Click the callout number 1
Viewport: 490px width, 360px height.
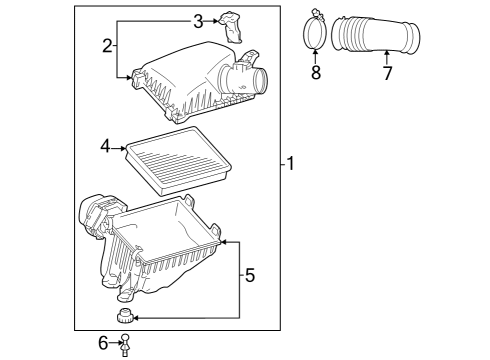[x=290, y=164]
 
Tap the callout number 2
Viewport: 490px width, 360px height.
[x=107, y=44]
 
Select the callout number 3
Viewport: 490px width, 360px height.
[x=198, y=20]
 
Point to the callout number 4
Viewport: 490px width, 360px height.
[x=104, y=146]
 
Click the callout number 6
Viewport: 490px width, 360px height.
[x=103, y=343]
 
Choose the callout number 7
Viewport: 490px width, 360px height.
[x=387, y=73]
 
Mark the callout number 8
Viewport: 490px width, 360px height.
[x=316, y=73]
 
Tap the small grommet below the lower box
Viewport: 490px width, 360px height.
[x=127, y=318]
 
